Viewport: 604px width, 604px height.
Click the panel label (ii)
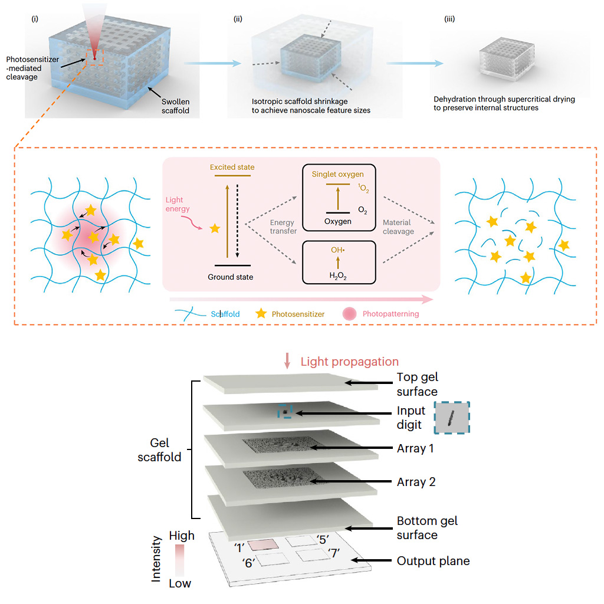click(x=238, y=19)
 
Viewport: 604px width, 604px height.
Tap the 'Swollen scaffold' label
click(x=175, y=106)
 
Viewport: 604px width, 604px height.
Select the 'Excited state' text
click(x=232, y=167)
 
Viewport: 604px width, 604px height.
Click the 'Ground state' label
click(x=231, y=277)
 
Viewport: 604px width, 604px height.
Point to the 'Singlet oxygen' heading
click(x=338, y=174)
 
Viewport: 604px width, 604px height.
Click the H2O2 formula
click(x=338, y=276)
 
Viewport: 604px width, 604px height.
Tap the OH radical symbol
click(x=338, y=250)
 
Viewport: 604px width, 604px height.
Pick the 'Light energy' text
click(x=178, y=204)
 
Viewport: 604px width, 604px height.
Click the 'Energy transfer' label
click(x=283, y=226)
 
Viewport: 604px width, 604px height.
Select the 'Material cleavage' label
click(x=398, y=227)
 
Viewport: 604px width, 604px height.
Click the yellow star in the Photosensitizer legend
click(x=261, y=313)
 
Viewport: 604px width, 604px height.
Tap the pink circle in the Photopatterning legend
click(x=349, y=314)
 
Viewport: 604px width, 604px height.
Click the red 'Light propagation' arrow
click(x=287, y=360)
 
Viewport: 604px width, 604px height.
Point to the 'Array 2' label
click(x=416, y=482)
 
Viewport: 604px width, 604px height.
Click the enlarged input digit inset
click(x=452, y=418)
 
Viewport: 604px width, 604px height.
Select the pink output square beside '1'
click(x=262, y=544)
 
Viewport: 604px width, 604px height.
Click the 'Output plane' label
click(x=434, y=561)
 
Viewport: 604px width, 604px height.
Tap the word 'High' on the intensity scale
click(x=182, y=536)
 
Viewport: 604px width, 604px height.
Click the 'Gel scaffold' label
click(x=159, y=449)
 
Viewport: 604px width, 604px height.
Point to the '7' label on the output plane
click(x=334, y=553)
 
